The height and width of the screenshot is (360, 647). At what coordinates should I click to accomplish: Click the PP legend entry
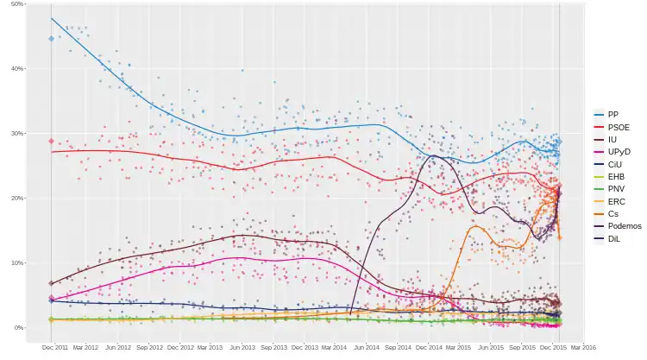tap(612, 114)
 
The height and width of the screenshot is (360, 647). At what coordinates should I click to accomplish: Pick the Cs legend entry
tap(612, 213)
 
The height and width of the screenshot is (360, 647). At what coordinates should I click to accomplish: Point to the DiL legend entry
tap(612, 238)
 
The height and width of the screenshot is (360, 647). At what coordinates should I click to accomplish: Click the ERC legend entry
tap(614, 200)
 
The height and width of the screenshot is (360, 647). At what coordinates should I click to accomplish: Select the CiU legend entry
tap(613, 163)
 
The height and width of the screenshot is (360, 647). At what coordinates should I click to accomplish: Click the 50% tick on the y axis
tap(17, 4)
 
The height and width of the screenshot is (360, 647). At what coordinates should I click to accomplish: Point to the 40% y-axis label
tap(17, 69)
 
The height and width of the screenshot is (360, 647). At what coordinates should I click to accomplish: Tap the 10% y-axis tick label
tap(17, 263)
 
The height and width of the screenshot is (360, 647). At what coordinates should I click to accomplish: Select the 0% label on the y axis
tap(19, 328)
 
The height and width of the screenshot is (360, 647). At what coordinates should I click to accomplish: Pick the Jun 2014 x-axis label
tap(367, 347)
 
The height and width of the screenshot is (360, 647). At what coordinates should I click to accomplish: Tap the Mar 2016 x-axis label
tap(584, 347)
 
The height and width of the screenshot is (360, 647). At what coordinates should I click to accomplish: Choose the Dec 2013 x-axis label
tap(305, 347)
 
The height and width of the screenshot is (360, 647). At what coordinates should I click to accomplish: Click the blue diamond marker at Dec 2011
tap(52, 39)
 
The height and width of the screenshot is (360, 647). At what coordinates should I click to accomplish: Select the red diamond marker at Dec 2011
tap(52, 141)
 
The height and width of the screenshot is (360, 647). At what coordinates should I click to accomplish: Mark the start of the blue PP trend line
tap(52, 18)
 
